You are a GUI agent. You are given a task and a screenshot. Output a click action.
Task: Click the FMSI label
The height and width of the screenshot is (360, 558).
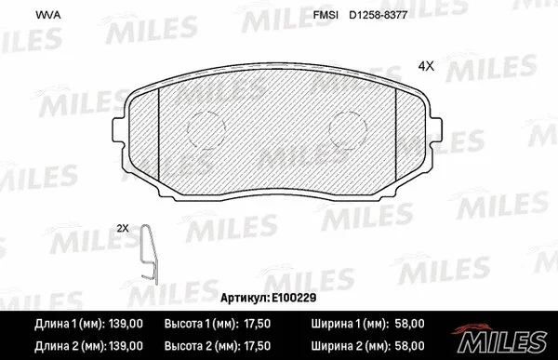tap(325, 15)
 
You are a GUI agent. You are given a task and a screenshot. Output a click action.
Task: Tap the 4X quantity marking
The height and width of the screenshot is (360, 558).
tap(427, 66)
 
